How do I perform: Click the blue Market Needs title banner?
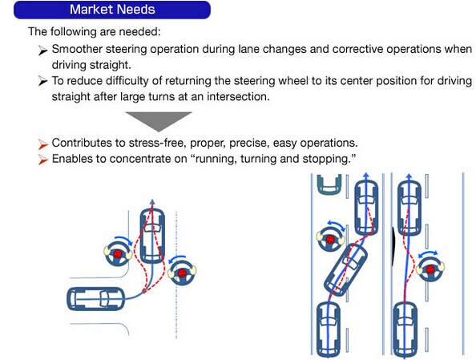pos(112,10)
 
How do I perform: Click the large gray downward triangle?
pos(159,121)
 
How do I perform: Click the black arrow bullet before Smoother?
pos(42,51)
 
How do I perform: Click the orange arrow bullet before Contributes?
pos(42,144)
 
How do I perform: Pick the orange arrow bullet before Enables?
pos(42,160)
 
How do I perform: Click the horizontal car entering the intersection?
pos(95,299)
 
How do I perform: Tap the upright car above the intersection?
pos(152,236)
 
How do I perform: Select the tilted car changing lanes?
pos(345,269)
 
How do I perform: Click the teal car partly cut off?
pos(329,184)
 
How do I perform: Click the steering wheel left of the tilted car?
pos(331,240)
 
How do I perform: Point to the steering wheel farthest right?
pos(430,269)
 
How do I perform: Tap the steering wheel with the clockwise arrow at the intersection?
pos(118,253)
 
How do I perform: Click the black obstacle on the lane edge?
pos(393,246)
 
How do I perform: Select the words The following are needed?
pos(95,31)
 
